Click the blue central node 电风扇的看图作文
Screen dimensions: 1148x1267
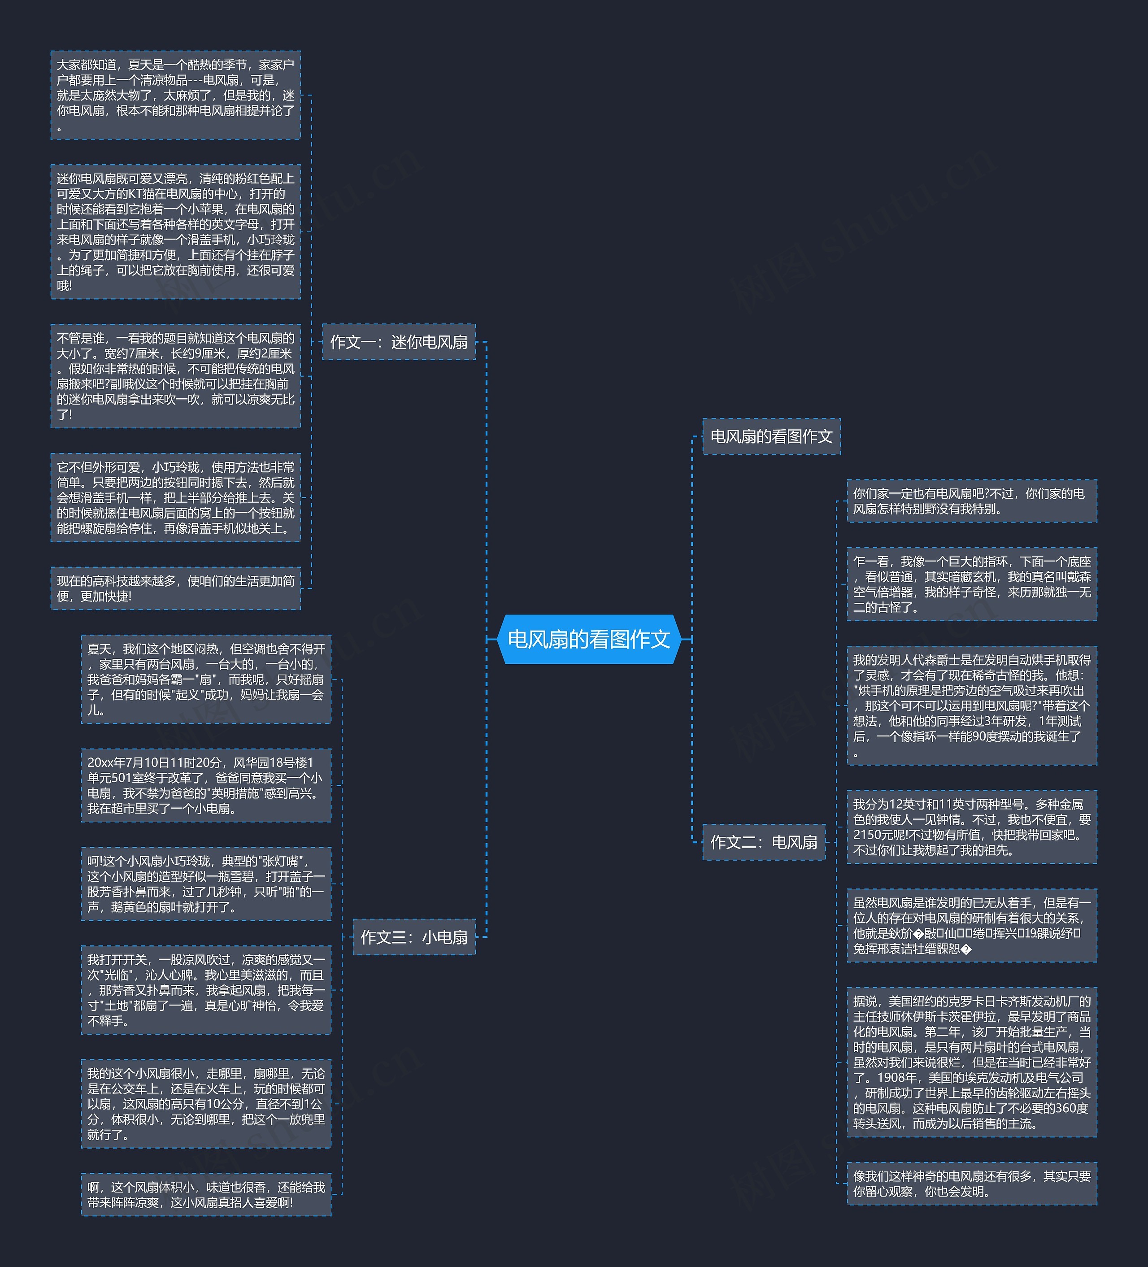pos(589,639)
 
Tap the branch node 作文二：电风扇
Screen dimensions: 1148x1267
pos(763,842)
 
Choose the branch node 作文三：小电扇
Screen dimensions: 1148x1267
pos(413,937)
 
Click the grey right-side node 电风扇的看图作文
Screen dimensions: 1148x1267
pos(771,436)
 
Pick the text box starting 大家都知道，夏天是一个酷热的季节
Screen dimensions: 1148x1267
pos(175,95)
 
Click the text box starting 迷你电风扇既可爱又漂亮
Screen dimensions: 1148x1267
pos(175,232)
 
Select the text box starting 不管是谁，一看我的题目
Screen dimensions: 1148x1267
pos(175,376)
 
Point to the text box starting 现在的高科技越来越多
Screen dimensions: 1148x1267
pos(175,588)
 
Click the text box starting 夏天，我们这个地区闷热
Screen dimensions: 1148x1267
pos(205,679)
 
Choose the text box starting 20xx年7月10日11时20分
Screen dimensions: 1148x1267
pos(205,785)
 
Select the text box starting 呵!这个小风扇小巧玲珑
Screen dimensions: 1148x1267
pos(205,884)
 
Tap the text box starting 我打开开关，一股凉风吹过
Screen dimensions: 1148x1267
pos(205,990)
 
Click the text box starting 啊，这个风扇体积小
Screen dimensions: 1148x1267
pos(205,1194)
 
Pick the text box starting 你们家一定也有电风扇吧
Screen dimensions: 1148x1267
pos(971,501)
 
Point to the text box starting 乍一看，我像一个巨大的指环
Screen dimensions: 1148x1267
pos(971,584)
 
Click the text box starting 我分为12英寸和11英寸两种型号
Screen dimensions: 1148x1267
pos(971,827)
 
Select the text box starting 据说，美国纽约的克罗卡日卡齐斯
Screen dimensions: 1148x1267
pos(971,1062)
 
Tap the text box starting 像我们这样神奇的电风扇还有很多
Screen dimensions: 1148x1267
pos(971,1184)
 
